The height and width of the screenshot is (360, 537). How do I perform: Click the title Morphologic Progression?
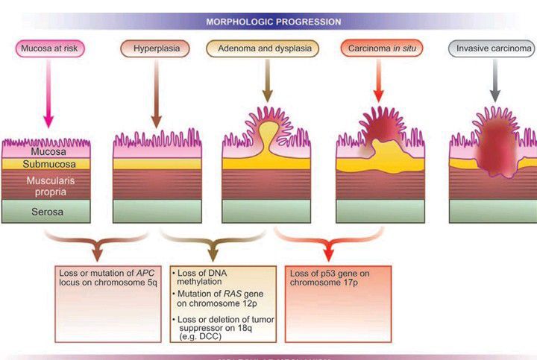coord(274,22)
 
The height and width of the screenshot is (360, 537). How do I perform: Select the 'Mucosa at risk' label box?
coord(50,49)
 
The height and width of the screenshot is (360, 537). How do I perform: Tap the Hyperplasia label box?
coord(156,49)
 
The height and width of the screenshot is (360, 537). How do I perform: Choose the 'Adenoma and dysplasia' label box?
coord(263,49)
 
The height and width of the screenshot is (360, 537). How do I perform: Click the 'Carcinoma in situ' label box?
coord(377,49)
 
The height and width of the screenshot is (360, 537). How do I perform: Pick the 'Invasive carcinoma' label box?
coord(494,49)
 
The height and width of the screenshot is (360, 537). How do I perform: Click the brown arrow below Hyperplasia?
coord(156,93)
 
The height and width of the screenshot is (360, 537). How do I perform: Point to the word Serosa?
coord(46,212)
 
